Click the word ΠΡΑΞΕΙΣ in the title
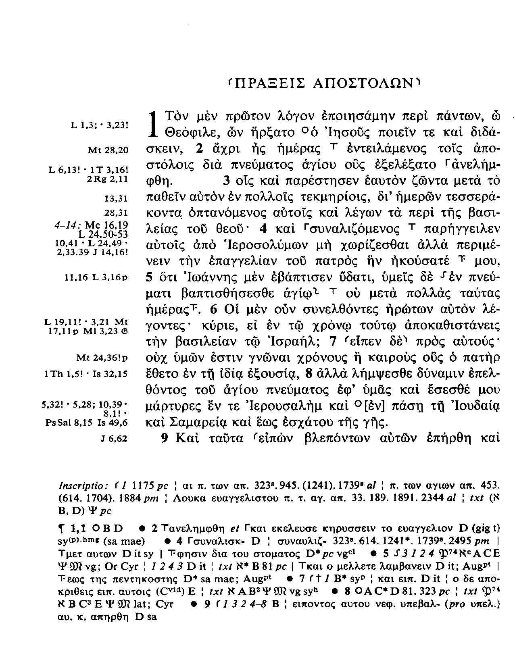coord(269,84)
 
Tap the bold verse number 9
coord(164,438)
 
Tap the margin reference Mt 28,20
coord(108,150)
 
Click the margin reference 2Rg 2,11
coord(107,178)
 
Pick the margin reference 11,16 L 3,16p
coord(96,277)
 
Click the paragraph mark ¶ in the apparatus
coord(63,529)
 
